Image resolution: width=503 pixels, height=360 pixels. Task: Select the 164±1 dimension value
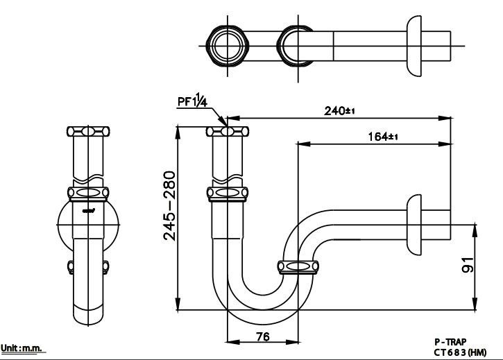pos(382,137)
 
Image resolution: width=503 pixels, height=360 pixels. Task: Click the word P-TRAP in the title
pos(450,342)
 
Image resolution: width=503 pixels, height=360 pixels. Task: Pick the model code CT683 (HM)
pos(459,352)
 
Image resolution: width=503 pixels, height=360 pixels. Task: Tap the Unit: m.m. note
pos(23,348)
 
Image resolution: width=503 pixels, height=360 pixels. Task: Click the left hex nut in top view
pos(227,46)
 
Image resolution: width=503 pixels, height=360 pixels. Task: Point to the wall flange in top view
pos(415,46)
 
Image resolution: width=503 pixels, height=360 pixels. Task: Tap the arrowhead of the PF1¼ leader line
pos(223,127)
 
